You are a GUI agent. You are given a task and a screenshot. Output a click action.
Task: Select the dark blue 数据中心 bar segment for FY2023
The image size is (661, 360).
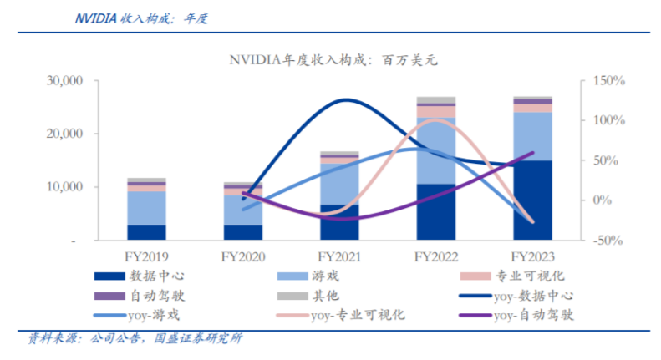pyautogui.click(x=532, y=200)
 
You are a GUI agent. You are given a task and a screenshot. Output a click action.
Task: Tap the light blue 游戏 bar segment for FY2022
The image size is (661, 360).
pyautogui.click(x=435, y=150)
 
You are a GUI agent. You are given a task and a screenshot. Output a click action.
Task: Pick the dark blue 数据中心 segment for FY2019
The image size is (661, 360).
pyautogui.click(x=146, y=232)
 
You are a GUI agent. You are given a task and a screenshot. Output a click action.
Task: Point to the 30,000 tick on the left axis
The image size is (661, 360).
pyautogui.click(x=64, y=81)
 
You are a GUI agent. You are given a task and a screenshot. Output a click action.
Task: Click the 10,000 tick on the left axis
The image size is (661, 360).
pyautogui.click(x=64, y=187)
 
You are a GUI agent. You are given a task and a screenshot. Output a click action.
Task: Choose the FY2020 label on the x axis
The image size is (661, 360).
pyautogui.click(x=243, y=257)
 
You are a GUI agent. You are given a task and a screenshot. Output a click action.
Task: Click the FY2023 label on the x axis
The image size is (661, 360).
pyautogui.click(x=532, y=257)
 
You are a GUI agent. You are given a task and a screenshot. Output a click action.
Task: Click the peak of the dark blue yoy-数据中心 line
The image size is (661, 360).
pyautogui.click(x=346, y=100)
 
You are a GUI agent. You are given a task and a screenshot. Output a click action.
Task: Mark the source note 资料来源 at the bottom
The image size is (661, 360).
pyautogui.click(x=134, y=338)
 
